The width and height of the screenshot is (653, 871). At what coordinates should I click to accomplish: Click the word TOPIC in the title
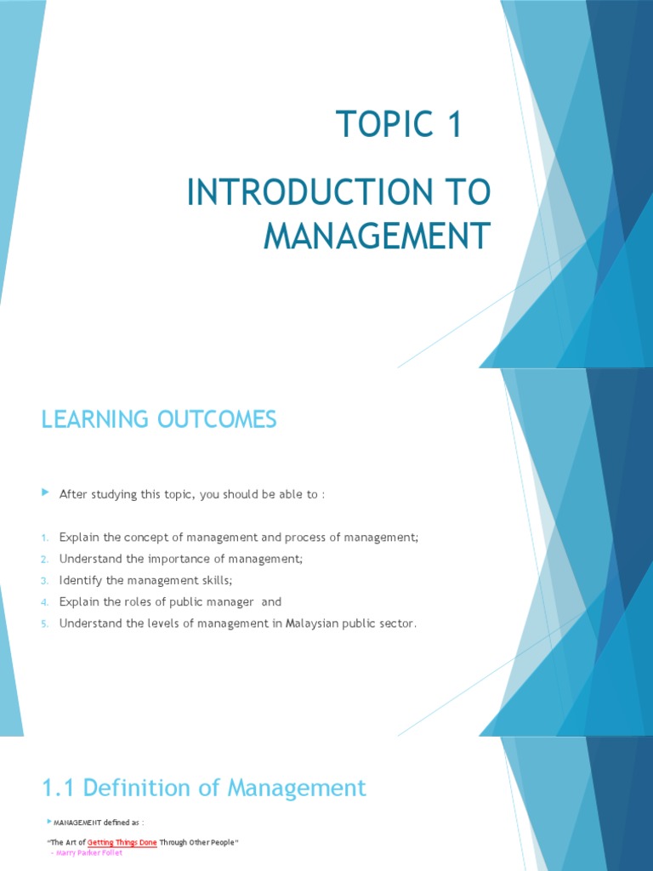pyautogui.click(x=378, y=125)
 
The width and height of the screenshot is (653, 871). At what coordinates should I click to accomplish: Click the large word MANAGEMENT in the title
pyautogui.click(x=377, y=236)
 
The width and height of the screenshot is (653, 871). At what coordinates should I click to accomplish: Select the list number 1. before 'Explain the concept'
pyautogui.click(x=46, y=538)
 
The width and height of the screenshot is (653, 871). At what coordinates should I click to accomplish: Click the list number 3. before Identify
pyautogui.click(x=46, y=580)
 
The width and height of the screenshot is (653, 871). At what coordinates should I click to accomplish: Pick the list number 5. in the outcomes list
pyautogui.click(x=46, y=623)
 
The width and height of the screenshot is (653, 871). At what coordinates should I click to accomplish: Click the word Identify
pyautogui.click(x=79, y=580)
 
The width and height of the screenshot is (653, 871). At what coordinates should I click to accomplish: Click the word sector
pyautogui.click(x=399, y=623)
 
